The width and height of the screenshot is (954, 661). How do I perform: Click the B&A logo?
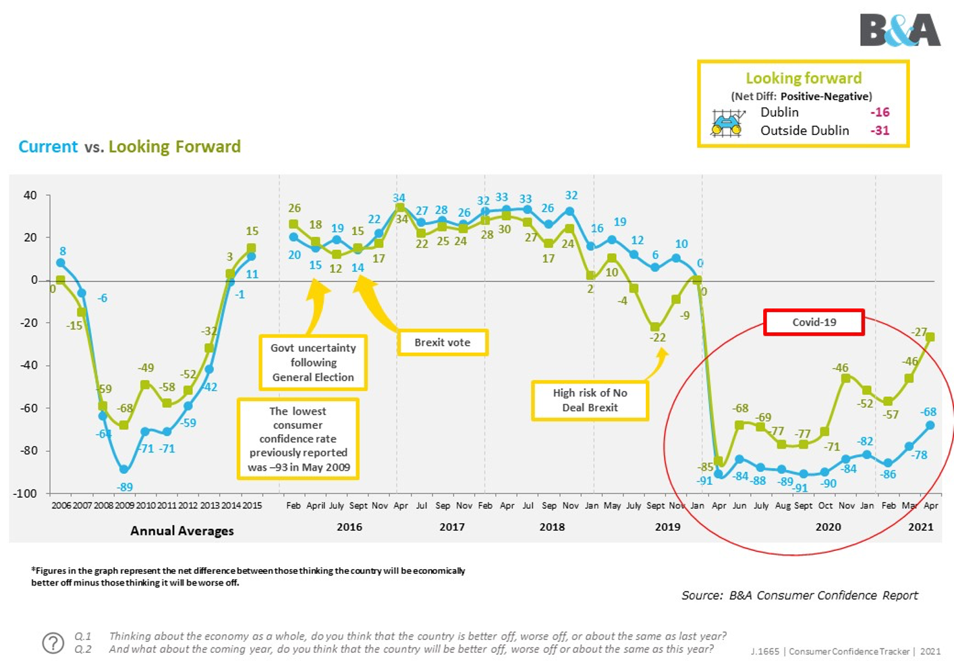[899, 30]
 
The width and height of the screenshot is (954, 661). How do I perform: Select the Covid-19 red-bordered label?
[814, 322]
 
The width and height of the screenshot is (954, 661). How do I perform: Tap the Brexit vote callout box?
[442, 342]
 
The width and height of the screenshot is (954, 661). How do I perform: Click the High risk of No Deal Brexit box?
[590, 400]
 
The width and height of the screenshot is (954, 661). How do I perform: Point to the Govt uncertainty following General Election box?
[313, 363]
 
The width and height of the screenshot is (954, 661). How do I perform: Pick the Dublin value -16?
[880, 112]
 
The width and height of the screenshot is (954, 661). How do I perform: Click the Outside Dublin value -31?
[880, 130]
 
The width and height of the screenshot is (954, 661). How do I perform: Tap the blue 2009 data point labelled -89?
[124, 469]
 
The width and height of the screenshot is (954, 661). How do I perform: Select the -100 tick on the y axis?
[25, 494]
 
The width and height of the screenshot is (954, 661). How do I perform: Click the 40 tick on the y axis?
[30, 196]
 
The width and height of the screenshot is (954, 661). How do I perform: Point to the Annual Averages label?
[182, 531]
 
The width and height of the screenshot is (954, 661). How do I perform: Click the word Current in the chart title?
[48, 147]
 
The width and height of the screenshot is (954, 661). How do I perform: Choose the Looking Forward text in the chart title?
[175, 147]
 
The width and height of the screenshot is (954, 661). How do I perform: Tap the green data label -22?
[658, 338]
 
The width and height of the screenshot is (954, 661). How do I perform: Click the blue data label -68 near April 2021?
[928, 412]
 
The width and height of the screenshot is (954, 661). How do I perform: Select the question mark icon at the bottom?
[53, 643]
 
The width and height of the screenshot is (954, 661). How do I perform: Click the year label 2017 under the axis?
[452, 527]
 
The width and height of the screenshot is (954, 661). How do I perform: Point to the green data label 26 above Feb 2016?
[294, 209]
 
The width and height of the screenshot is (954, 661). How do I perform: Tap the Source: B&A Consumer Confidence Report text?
[799, 596]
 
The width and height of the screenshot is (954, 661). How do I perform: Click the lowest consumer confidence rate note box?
[298, 439]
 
